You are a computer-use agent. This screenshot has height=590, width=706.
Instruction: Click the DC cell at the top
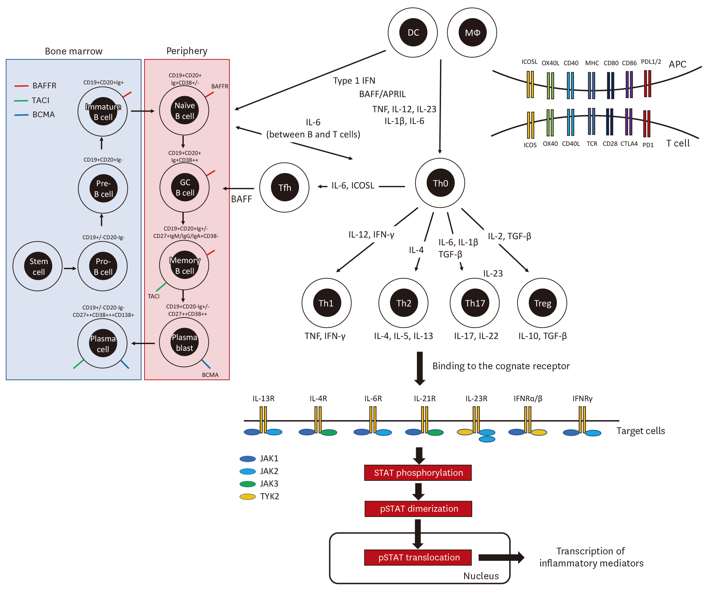click(413, 33)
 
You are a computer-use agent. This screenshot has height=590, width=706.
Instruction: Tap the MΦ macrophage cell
click(472, 33)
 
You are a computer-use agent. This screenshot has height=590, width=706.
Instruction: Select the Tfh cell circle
click(284, 188)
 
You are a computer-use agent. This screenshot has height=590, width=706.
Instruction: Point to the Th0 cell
click(440, 183)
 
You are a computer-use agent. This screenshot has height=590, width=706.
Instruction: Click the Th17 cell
click(475, 303)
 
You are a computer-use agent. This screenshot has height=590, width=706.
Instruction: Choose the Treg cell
click(542, 303)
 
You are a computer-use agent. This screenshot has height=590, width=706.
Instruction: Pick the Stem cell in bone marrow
click(38, 266)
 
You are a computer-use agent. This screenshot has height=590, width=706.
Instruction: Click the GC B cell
click(185, 188)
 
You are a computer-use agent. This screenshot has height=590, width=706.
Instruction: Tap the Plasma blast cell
click(184, 342)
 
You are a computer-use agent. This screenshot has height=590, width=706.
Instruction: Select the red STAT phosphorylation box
click(418, 473)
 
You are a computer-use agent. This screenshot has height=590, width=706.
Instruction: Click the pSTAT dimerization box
click(418, 509)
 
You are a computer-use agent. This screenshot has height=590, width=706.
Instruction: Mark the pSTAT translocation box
click(418, 557)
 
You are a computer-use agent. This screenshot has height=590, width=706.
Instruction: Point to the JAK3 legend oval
click(248, 484)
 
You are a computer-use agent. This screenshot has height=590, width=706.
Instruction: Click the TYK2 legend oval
click(248, 497)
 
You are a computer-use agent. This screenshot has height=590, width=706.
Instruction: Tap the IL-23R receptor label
click(476, 398)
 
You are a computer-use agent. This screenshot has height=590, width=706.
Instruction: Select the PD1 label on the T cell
click(648, 145)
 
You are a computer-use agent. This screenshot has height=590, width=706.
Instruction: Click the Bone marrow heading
click(74, 51)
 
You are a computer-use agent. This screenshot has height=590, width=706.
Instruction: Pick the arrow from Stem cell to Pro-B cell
click(70, 268)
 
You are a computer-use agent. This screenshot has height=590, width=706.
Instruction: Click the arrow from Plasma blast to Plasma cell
click(143, 343)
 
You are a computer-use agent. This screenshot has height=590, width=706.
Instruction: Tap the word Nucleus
click(481, 576)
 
